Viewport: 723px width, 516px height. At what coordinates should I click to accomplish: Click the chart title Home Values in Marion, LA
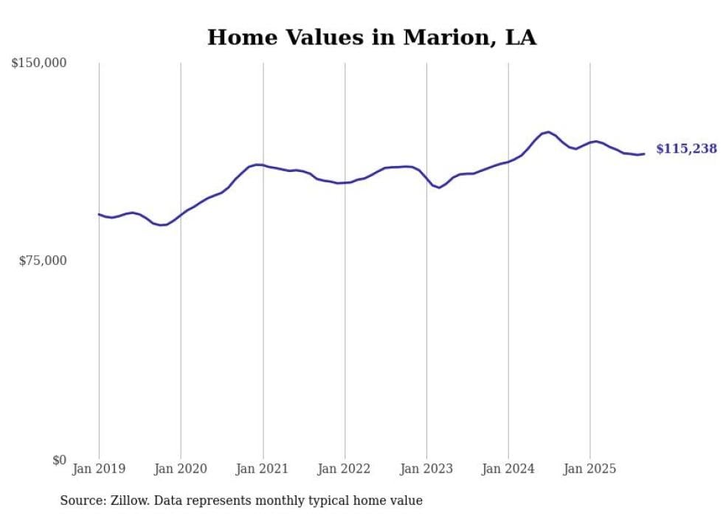tap(371, 37)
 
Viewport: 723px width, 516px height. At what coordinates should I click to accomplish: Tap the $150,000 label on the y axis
tap(38, 63)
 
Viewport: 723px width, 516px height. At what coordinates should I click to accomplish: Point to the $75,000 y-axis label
tap(42, 261)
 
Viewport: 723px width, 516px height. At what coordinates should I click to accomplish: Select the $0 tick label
tap(59, 460)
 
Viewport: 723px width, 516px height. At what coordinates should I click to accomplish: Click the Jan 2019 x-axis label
tap(99, 469)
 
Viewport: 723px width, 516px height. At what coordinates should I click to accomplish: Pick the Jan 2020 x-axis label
tap(181, 469)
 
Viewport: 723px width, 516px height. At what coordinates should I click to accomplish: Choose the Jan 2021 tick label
tap(263, 469)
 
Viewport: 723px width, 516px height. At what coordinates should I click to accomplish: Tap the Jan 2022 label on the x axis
tap(345, 469)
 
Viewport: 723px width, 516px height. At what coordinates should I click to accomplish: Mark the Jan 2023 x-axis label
tap(426, 469)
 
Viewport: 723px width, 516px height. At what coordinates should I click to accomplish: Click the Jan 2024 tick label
tap(508, 469)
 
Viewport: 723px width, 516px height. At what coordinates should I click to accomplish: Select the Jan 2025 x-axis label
tap(589, 469)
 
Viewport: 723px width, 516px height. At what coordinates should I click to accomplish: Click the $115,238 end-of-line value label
tap(686, 149)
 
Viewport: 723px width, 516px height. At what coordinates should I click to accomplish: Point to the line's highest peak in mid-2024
tap(548, 132)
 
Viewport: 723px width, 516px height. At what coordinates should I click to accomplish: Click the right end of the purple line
tap(644, 154)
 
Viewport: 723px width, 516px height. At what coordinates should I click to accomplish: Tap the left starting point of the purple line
tap(99, 214)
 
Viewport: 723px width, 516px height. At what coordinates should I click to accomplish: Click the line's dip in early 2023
tap(440, 188)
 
